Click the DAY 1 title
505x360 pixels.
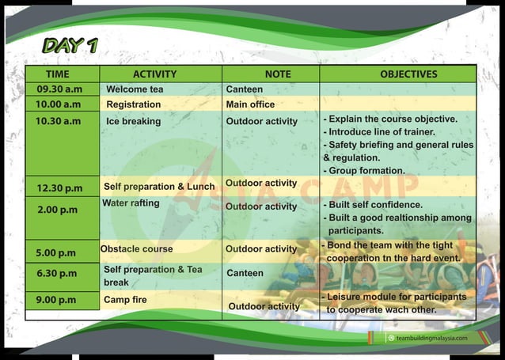[x=70, y=45]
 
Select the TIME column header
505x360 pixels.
[x=58, y=74]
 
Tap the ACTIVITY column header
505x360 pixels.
[x=154, y=74]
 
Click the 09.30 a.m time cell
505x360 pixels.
[x=59, y=89]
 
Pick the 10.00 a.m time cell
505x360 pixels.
[x=59, y=104]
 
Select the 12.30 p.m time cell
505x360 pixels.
[x=59, y=188]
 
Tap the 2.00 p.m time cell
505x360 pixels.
[x=59, y=210]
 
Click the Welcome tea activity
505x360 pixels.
[x=135, y=89]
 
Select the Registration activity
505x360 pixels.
[x=133, y=104]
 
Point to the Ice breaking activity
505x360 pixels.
[x=133, y=121]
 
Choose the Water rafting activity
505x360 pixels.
[x=131, y=203]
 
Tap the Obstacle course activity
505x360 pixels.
[x=136, y=248]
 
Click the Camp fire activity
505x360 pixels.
[x=125, y=300]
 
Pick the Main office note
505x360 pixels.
[x=250, y=104]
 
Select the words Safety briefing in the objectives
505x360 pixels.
[x=363, y=145]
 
